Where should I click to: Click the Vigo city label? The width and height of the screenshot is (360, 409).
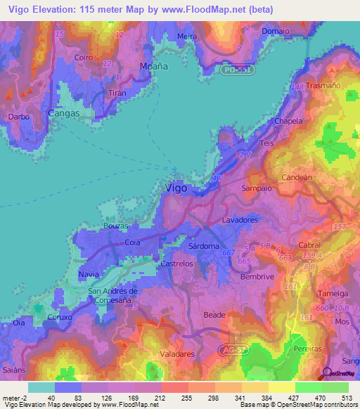(x=175, y=188)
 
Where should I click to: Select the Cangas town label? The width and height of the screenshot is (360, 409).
(x=63, y=112)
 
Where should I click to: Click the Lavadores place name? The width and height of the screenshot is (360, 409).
(x=240, y=220)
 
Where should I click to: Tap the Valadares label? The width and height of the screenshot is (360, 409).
(x=177, y=355)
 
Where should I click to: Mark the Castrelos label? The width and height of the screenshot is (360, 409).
(x=177, y=264)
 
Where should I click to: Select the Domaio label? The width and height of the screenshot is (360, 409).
(x=274, y=32)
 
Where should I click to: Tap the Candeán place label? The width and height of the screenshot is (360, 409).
(x=296, y=178)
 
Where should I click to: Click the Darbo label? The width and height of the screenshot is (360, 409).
(x=18, y=117)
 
